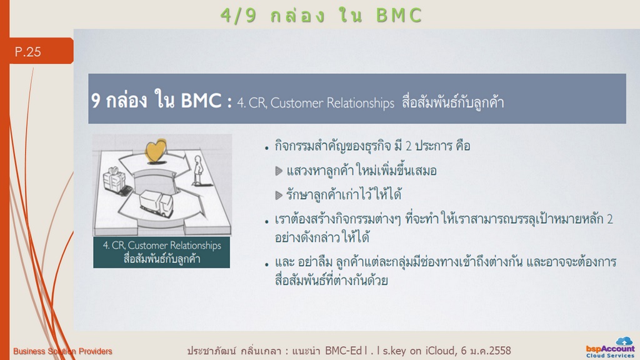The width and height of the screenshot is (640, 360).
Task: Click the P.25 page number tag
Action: tap(41, 51)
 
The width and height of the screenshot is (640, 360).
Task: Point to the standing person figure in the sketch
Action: tap(198, 170)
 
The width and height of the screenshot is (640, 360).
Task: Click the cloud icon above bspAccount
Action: tap(624, 341)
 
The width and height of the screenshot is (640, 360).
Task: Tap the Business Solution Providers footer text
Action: tap(62, 351)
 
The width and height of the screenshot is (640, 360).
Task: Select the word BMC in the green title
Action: tap(398, 16)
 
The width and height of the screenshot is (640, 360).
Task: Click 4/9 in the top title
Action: tap(239, 16)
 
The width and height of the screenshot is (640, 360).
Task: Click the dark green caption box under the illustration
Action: tap(162, 252)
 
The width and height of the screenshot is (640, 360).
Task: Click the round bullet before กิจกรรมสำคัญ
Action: tap(266, 148)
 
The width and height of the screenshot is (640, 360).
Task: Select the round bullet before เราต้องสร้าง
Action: tap(266, 222)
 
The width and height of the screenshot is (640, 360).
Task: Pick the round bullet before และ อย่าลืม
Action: tap(266, 264)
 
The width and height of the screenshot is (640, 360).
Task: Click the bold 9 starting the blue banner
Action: tap(96, 101)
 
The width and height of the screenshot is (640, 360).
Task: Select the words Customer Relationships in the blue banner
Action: tap(332, 103)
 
